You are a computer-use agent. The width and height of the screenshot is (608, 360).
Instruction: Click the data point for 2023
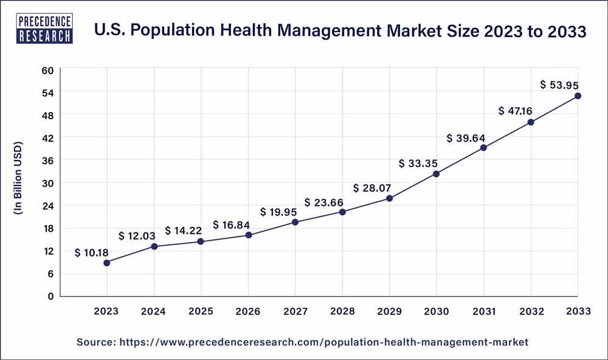107,263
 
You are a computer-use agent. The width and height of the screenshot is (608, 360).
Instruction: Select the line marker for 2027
295,222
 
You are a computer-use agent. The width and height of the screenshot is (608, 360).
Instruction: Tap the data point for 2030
436,174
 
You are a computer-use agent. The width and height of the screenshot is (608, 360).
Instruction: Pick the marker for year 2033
578,96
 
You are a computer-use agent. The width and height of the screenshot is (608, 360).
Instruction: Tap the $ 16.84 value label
232,225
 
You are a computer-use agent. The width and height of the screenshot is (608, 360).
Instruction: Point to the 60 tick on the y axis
48,70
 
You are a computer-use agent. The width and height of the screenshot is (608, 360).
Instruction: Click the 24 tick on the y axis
48,206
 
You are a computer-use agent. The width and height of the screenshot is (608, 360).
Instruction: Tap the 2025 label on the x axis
201,311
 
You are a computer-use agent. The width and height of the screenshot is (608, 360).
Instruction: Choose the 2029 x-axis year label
389,311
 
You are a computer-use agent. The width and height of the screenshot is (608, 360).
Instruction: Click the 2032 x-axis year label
531,311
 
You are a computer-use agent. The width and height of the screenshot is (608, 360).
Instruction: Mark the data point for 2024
154,246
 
